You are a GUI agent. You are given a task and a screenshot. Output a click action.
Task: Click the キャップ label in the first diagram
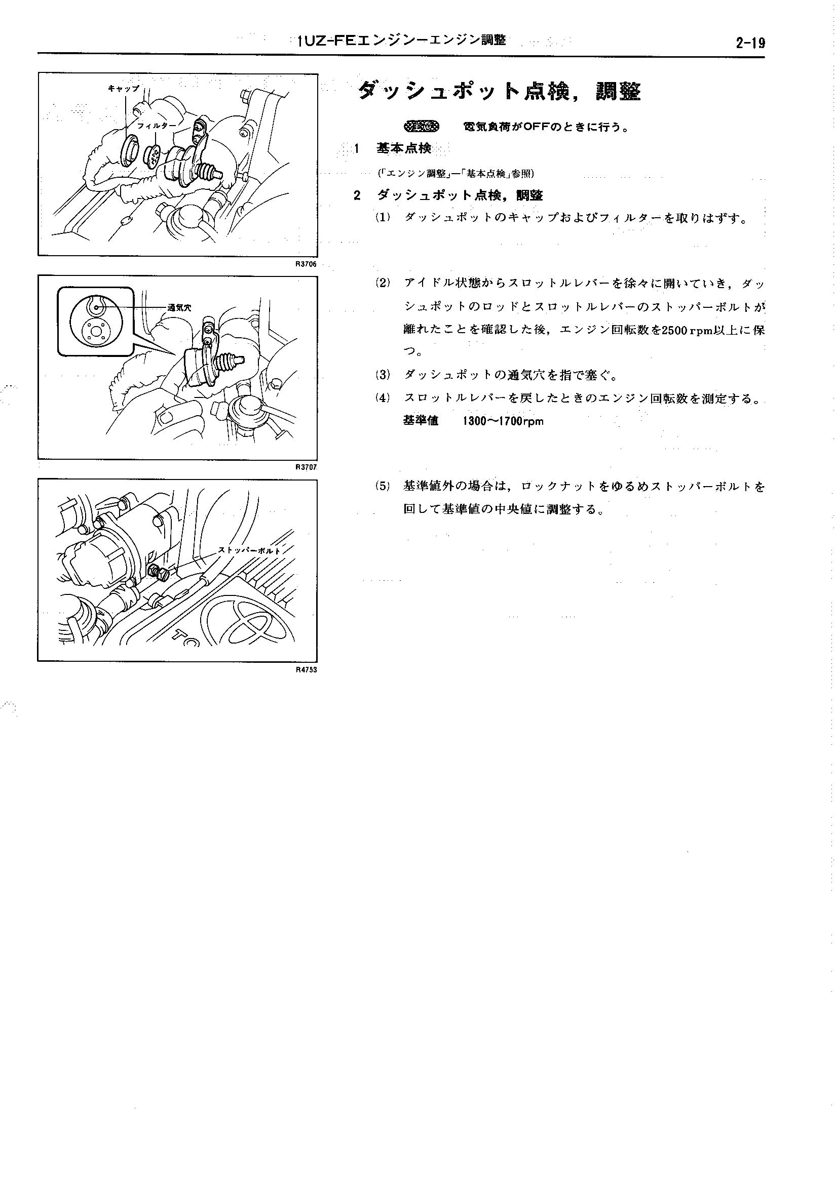[124, 89]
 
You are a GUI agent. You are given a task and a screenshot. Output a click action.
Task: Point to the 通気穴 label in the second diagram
[179, 307]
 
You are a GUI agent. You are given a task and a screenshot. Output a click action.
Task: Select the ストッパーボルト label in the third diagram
[249, 550]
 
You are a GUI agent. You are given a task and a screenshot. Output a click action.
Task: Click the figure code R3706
[306, 264]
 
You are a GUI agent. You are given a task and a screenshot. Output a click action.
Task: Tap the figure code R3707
[306, 467]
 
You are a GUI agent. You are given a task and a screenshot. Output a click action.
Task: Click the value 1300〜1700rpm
[503, 421]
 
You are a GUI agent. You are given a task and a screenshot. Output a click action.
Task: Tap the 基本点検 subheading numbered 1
[403, 149]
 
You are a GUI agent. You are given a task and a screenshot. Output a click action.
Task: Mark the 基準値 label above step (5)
[421, 420]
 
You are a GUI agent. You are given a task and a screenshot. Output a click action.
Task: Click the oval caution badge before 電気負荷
[422, 127]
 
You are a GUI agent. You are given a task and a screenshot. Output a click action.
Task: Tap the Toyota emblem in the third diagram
[248, 618]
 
